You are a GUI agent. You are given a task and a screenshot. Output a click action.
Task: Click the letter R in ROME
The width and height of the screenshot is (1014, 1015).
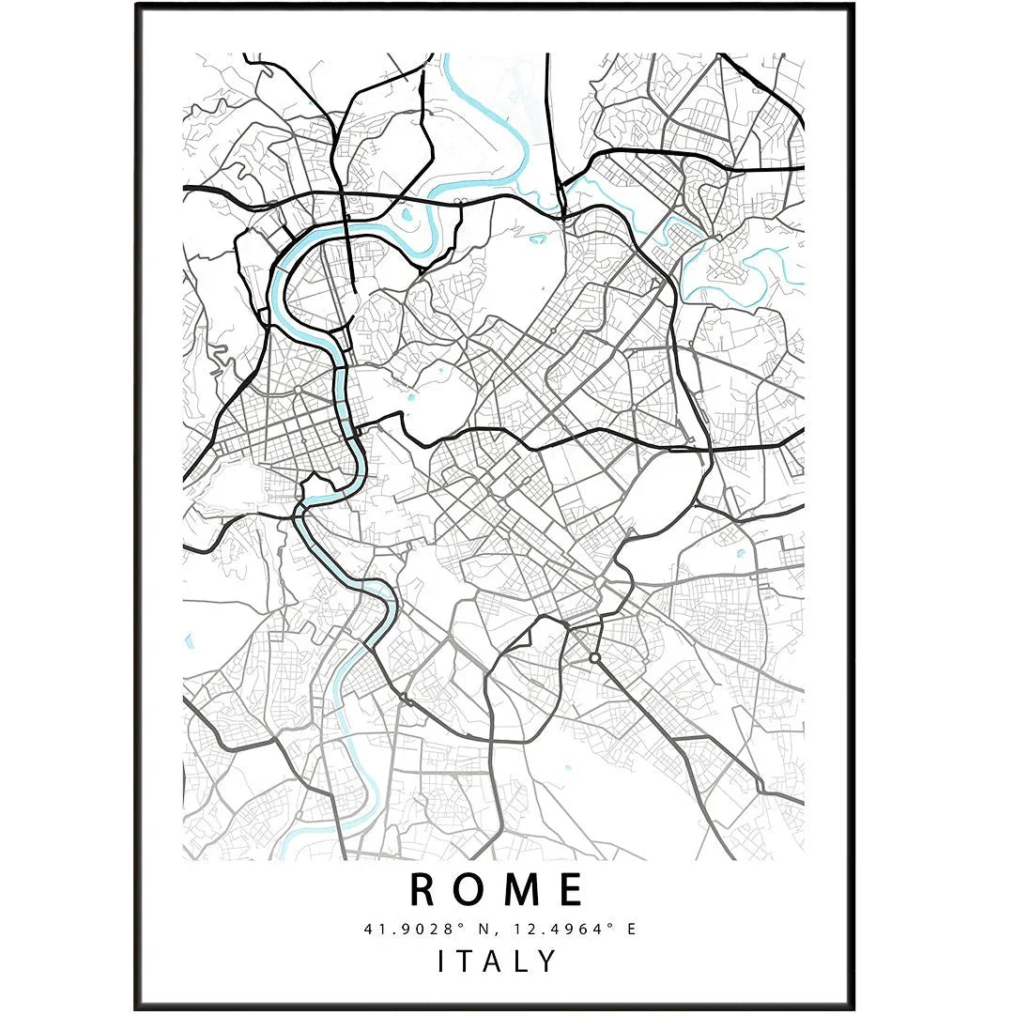424,889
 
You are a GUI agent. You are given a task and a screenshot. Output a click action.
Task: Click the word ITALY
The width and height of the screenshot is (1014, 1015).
497,961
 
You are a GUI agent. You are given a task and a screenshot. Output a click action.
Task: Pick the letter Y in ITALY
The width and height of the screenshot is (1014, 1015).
547,961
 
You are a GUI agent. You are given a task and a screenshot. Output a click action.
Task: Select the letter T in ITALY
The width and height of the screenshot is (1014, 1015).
469,961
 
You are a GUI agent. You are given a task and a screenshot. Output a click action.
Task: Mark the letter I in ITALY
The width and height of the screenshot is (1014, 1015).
442,961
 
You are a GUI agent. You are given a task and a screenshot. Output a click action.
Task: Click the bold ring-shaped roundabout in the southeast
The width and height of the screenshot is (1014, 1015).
594,659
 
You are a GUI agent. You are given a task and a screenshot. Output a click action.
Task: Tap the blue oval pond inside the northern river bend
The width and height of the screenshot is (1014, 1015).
407,215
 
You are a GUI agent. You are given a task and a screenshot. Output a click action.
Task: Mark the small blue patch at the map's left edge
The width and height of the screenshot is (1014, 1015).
189,642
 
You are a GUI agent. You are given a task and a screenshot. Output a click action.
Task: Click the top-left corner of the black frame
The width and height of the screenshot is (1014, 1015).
137,6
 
